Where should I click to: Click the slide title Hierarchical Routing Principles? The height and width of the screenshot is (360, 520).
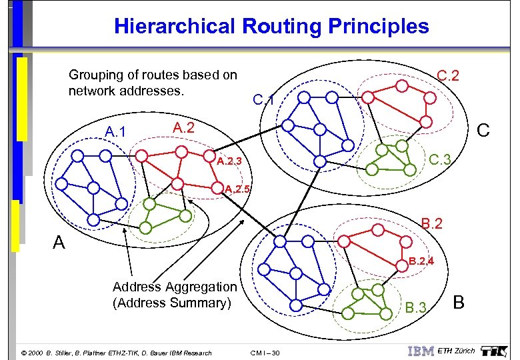271,27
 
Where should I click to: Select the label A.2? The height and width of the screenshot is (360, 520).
183,127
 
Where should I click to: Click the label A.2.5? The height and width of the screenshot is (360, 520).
238,189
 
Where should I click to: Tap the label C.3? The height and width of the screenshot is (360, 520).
440,159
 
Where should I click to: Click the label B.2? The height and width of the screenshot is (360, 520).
431,223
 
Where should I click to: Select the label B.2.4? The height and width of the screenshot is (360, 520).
422,261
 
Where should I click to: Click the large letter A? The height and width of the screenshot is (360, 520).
59,242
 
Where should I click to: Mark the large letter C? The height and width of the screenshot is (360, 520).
483,130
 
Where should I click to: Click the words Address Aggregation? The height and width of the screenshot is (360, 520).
175,287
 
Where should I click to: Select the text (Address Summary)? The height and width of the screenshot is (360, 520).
171,303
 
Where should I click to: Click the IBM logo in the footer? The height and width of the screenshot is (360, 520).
421,351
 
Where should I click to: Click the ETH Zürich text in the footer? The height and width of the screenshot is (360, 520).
457,351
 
